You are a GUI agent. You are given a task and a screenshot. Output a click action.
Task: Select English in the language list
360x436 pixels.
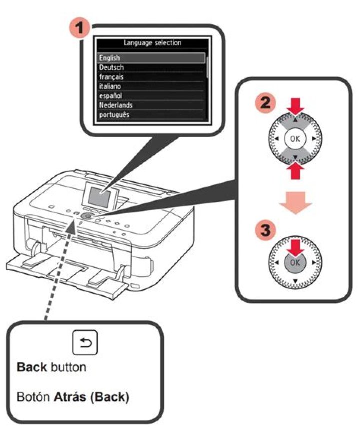pyautogui.click(x=110, y=58)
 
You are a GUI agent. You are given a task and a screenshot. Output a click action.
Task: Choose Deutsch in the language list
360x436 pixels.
pyautogui.click(x=112, y=67)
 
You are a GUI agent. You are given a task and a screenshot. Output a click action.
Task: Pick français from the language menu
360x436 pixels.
pyautogui.click(x=111, y=77)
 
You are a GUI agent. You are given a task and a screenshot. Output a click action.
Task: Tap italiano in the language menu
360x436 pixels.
pyautogui.click(x=110, y=86)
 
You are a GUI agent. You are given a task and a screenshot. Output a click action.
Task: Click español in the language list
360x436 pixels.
pyautogui.click(x=111, y=96)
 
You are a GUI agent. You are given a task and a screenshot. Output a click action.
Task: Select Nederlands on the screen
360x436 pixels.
pyautogui.click(x=116, y=105)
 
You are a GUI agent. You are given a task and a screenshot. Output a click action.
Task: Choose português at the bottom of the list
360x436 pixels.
pyautogui.click(x=114, y=115)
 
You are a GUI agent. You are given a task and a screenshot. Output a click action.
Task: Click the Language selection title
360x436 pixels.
pyautogui.click(x=152, y=43)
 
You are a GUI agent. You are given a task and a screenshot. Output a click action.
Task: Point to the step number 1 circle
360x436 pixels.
pyautogui.click(x=80, y=28)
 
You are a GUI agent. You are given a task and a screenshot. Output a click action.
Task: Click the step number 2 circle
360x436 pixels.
pyautogui.click(x=265, y=104)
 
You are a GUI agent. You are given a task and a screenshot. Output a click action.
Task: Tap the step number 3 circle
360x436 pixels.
pyautogui.click(x=266, y=230)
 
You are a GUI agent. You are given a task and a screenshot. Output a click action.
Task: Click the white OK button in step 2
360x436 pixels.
pyautogui.click(x=295, y=139)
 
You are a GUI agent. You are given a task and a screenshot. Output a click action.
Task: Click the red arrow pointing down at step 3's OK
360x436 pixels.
pyautogui.click(x=295, y=248)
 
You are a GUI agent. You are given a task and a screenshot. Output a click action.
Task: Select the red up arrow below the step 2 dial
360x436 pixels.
pyautogui.click(x=295, y=170)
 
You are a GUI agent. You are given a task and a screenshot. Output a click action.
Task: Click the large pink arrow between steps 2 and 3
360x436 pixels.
pyautogui.click(x=295, y=202)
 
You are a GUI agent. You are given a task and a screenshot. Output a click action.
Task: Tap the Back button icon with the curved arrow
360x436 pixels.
pyautogui.click(x=85, y=342)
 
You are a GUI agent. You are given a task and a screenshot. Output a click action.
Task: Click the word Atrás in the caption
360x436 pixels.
pyautogui.click(x=70, y=397)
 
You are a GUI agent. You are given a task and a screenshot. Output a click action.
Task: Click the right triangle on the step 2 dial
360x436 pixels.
pyautogui.click(x=314, y=138)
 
